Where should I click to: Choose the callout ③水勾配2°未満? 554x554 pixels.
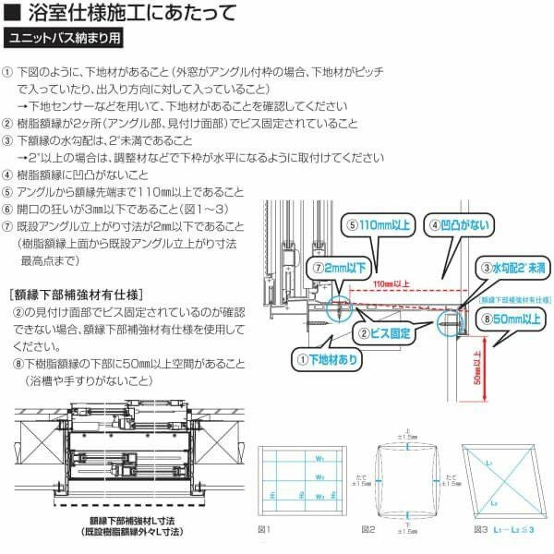coord(511,267)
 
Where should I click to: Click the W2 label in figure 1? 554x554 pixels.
coord(319,477)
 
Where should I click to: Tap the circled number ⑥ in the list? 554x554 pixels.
coord(8,209)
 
